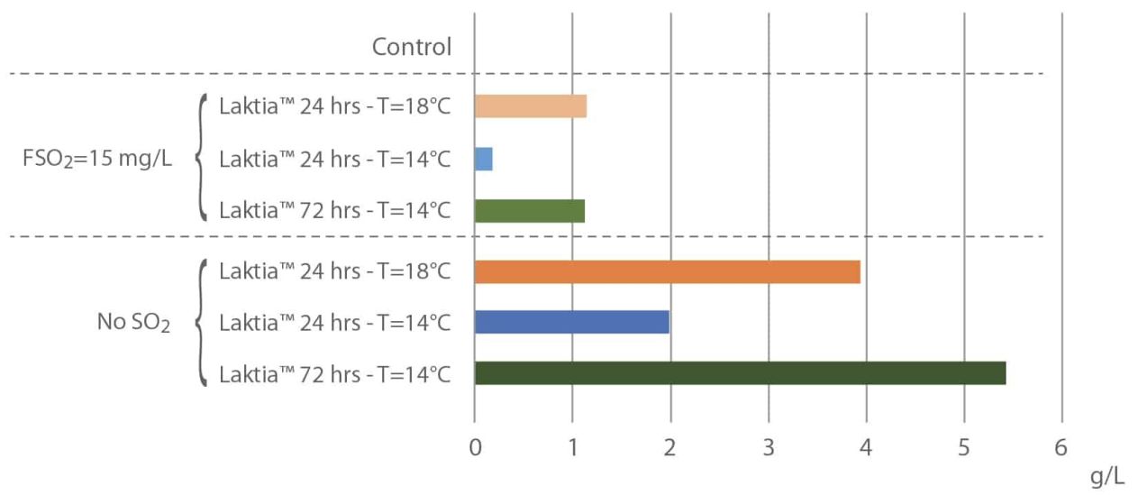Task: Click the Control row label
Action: [412, 47]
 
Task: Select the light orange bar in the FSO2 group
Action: [531, 106]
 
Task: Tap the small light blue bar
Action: [484, 159]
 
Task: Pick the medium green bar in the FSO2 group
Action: [530, 211]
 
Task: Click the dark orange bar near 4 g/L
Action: [667, 271]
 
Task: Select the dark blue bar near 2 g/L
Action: [572, 322]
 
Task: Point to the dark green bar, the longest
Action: [741, 373]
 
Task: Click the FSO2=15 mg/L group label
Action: [97, 159]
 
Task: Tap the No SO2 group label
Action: [133, 323]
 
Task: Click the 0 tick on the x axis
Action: [475, 448]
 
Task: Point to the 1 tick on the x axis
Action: [573, 448]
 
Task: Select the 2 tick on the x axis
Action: [669, 448]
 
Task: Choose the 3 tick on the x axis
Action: [768, 448]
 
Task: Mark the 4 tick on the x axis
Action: [866, 448]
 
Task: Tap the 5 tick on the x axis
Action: [964, 448]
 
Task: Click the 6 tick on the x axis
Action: [1061, 448]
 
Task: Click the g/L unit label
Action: [1107, 477]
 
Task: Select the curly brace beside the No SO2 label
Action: [200, 323]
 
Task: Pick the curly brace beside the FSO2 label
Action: [200, 157]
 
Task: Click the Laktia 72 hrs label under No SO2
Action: [335, 374]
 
